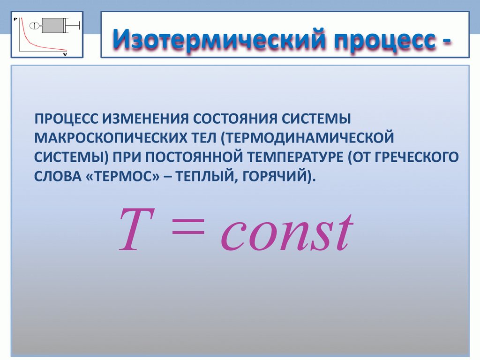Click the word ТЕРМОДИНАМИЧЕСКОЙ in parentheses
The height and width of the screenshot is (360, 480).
pyautogui.click(x=307, y=138)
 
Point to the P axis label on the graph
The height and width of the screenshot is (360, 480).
pyautogui.click(x=15, y=19)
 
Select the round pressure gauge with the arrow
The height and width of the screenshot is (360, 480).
pyautogui.click(x=34, y=25)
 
